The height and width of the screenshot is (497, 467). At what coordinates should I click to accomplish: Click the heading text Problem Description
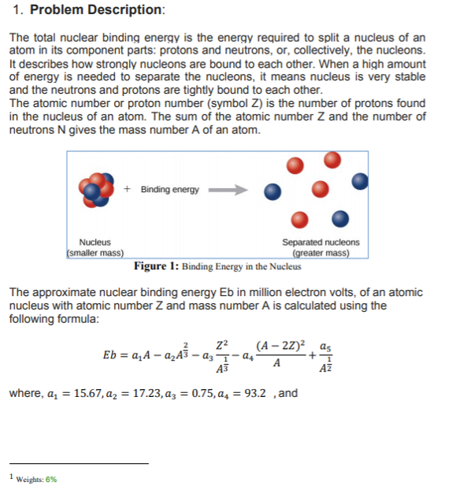click(x=97, y=10)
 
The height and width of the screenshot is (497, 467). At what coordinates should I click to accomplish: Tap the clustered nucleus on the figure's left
click(x=95, y=191)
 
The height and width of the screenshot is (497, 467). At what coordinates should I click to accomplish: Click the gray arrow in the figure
click(x=228, y=190)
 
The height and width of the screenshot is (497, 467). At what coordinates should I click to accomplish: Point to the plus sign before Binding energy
click(x=128, y=190)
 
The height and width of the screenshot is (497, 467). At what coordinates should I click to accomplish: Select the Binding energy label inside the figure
click(x=170, y=190)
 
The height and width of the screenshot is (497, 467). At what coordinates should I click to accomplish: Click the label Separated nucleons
click(x=321, y=243)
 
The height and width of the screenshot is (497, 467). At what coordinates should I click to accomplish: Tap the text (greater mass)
click(x=321, y=254)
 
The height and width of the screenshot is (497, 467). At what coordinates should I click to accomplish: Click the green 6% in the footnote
click(x=51, y=479)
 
